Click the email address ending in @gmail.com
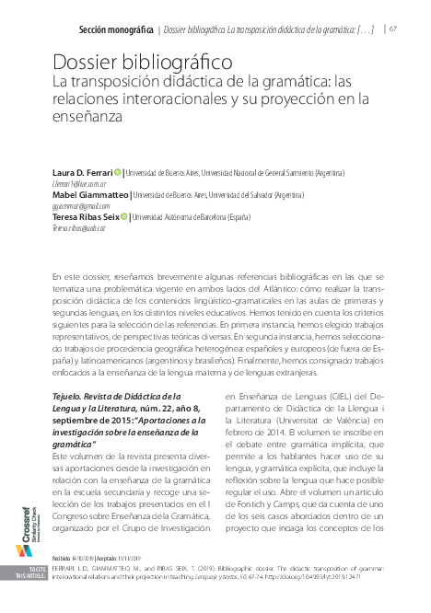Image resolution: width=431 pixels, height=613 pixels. click(x=81, y=205)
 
